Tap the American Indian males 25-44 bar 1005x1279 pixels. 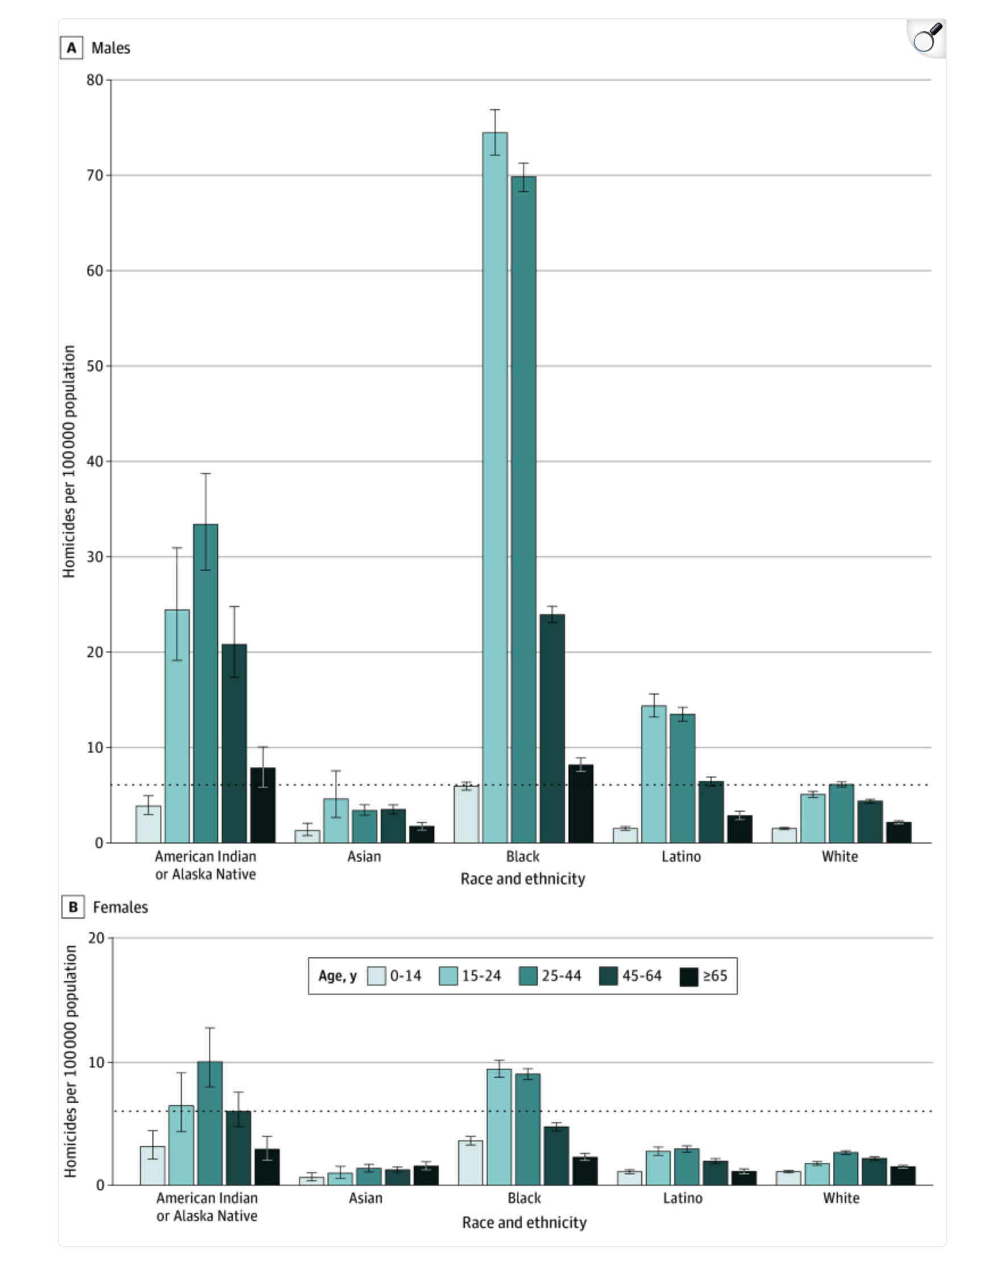point(205,683)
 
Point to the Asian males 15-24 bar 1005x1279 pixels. point(335,820)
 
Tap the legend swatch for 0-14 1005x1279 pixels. point(376,976)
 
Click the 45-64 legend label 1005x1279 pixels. point(641,976)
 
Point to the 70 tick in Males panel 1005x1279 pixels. point(95,175)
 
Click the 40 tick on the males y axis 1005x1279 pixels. point(95,461)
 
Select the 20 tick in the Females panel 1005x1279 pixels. point(96,938)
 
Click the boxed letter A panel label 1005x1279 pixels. point(72,48)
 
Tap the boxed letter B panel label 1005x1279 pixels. point(73,907)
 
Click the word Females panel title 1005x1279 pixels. point(121,907)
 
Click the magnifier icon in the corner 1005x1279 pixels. point(926,39)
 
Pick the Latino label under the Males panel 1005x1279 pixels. point(681,857)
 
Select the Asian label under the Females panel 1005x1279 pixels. point(366,1198)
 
